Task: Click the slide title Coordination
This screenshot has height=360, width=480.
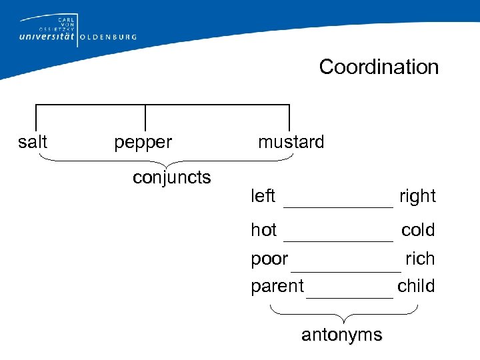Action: point(379,67)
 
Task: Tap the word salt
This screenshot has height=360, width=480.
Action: point(33,142)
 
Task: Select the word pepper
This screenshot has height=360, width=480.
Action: point(143,142)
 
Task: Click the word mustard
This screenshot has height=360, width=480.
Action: point(291,142)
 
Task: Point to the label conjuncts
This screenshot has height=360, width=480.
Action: point(172,177)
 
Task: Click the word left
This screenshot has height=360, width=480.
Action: point(263,196)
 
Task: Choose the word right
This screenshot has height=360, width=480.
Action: point(417,196)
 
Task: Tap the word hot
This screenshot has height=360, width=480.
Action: point(264,230)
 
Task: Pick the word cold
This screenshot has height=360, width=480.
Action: point(418,230)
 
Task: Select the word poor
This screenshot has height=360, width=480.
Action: point(269,259)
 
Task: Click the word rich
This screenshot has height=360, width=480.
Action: point(420,258)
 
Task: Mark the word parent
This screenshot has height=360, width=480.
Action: point(277,287)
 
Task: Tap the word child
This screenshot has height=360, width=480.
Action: point(416,286)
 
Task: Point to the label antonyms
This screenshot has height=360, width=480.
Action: point(342,335)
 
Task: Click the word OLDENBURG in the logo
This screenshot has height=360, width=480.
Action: point(108,37)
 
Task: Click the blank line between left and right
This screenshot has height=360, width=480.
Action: point(338,207)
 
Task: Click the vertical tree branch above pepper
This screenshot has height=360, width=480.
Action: point(145,117)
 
